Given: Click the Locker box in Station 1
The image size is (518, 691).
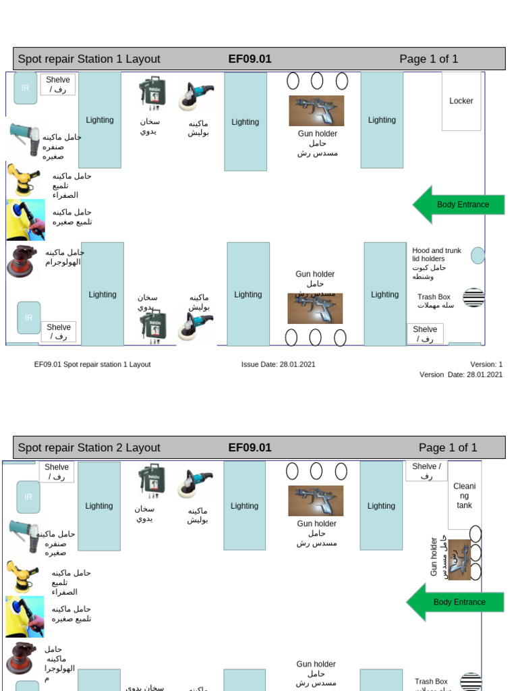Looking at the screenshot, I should coord(461,101).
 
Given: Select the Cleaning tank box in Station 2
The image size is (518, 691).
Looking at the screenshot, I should coord(464,496).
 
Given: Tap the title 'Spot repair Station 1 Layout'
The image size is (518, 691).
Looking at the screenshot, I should coord(89,59).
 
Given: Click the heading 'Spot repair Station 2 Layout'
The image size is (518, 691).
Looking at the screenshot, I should coord(89,447).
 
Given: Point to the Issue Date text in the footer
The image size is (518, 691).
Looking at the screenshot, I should coord(278,364).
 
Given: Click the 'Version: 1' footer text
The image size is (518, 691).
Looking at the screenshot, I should coord(486,364).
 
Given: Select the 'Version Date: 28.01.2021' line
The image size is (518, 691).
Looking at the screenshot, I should coord(461,375).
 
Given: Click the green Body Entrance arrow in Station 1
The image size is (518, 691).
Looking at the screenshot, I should coord(459,204).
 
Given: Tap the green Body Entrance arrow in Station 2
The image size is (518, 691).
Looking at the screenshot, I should coord(455,602).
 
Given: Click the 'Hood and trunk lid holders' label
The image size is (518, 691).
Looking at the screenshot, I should coord(436,254).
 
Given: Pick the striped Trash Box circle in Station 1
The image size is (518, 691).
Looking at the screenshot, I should coord(473,298).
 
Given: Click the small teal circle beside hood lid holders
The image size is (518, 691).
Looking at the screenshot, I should coord(478,256).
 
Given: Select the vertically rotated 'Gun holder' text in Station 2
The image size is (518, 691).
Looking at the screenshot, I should coord(434,557).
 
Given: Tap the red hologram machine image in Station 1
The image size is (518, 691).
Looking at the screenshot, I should coord(23,262).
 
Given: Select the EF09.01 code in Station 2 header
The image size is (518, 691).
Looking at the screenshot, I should coord(250,447).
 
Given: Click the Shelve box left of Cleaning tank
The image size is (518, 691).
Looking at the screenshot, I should coord(426,470).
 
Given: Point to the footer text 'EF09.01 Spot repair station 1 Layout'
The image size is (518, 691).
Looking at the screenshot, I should coord(92,364).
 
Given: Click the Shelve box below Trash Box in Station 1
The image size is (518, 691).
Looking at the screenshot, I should coord(425,333).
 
